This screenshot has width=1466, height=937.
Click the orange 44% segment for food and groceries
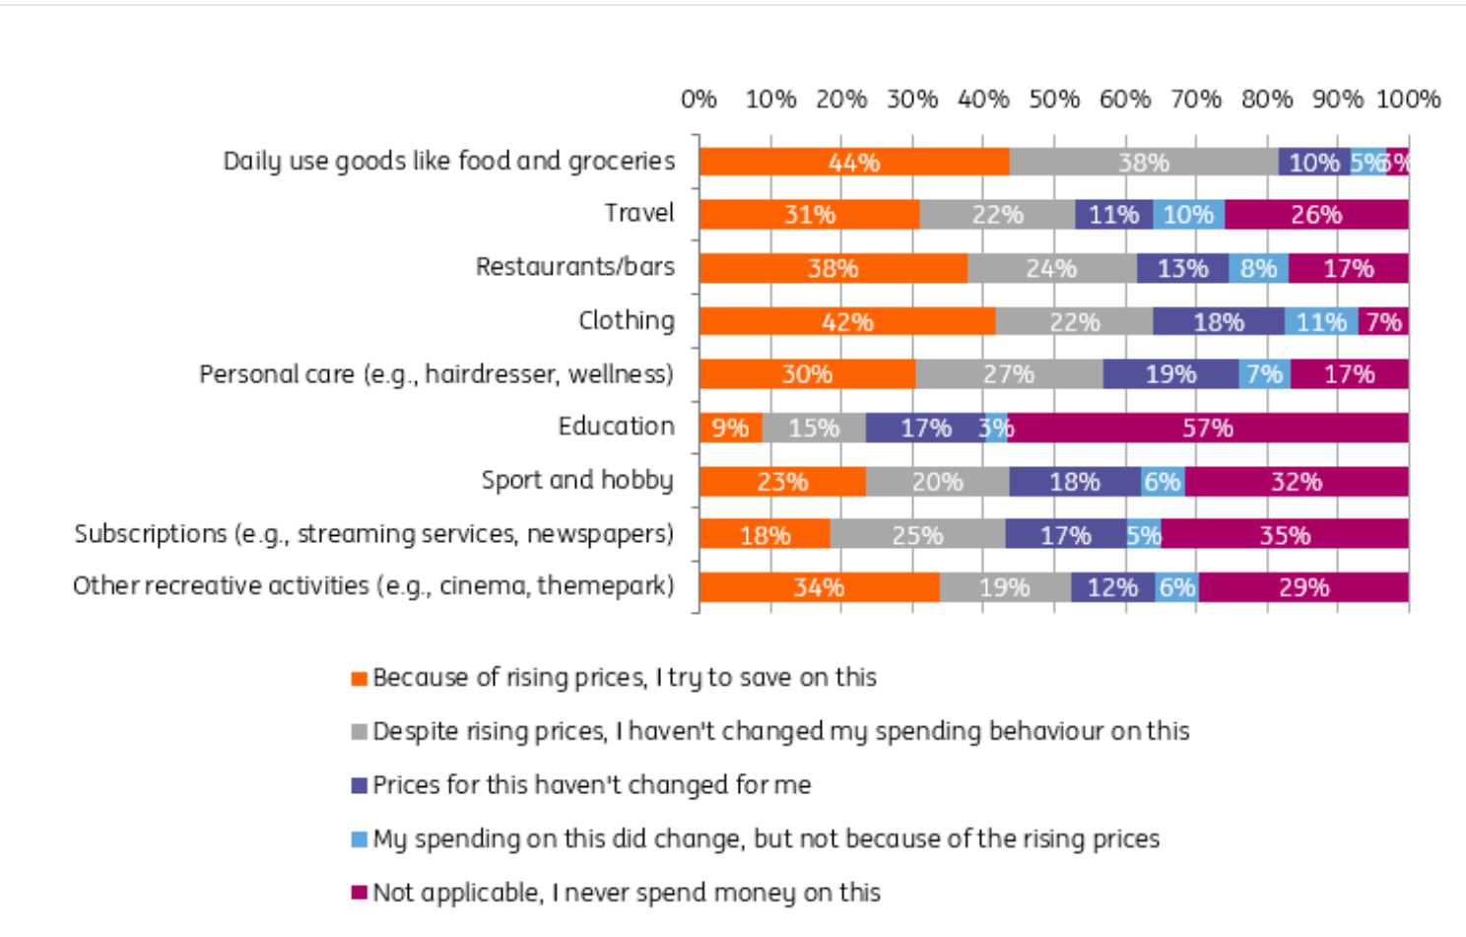pyautogui.click(x=854, y=163)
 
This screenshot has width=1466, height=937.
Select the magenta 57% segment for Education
pyautogui.click(x=1208, y=428)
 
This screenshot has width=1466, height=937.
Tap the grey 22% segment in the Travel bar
pyautogui.click(x=997, y=215)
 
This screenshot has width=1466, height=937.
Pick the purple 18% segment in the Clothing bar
pyautogui.click(x=1219, y=322)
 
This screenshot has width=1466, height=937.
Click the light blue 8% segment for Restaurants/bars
pyautogui.click(x=1258, y=268)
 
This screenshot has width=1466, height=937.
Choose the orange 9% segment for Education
pyautogui.click(x=730, y=428)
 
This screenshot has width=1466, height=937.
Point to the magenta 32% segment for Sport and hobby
pyautogui.click(x=1297, y=482)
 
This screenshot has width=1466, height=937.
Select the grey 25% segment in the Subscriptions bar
pyautogui.click(x=917, y=535)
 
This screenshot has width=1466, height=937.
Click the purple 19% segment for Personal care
pyautogui.click(x=1170, y=374)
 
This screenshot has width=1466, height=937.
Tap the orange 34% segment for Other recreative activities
pyautogui.click(x=819, y=587)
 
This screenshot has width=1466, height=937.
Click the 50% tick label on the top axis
pyautogui.click(x=1054, y=100)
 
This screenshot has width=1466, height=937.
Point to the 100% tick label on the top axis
pyautogui.click(x=1408, y=100)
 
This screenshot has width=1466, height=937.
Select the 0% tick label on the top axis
pyautogui.click(x=699, y=100)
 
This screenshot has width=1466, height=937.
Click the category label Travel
pyautogui.click(x=639, y=213)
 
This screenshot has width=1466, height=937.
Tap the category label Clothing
pyautogui.click(x=627, y=320)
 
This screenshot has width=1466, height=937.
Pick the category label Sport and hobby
pyautogui.click(x=577, y=480)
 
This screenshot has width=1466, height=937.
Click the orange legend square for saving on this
pyautogui.click(x=360, y=679)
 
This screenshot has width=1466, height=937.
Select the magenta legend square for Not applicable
pyautogui.click(x=360, y=893)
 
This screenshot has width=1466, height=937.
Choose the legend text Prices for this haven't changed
pyautogui.click(x=591, y=785)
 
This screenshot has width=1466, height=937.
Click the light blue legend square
pyautogui.click(x=360, y=839)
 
